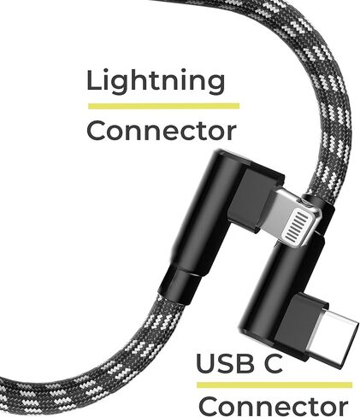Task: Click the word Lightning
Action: (156, 82)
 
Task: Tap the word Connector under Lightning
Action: (162, 131)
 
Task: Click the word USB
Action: (225, 363)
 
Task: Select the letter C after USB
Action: (272, 363)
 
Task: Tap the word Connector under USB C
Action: (273, 407)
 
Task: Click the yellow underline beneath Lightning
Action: (163, 106)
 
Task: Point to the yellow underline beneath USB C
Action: (274, 385)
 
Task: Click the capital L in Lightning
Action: (94, 80)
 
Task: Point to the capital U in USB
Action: (207, 363)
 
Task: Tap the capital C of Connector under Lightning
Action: (97, 131)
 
